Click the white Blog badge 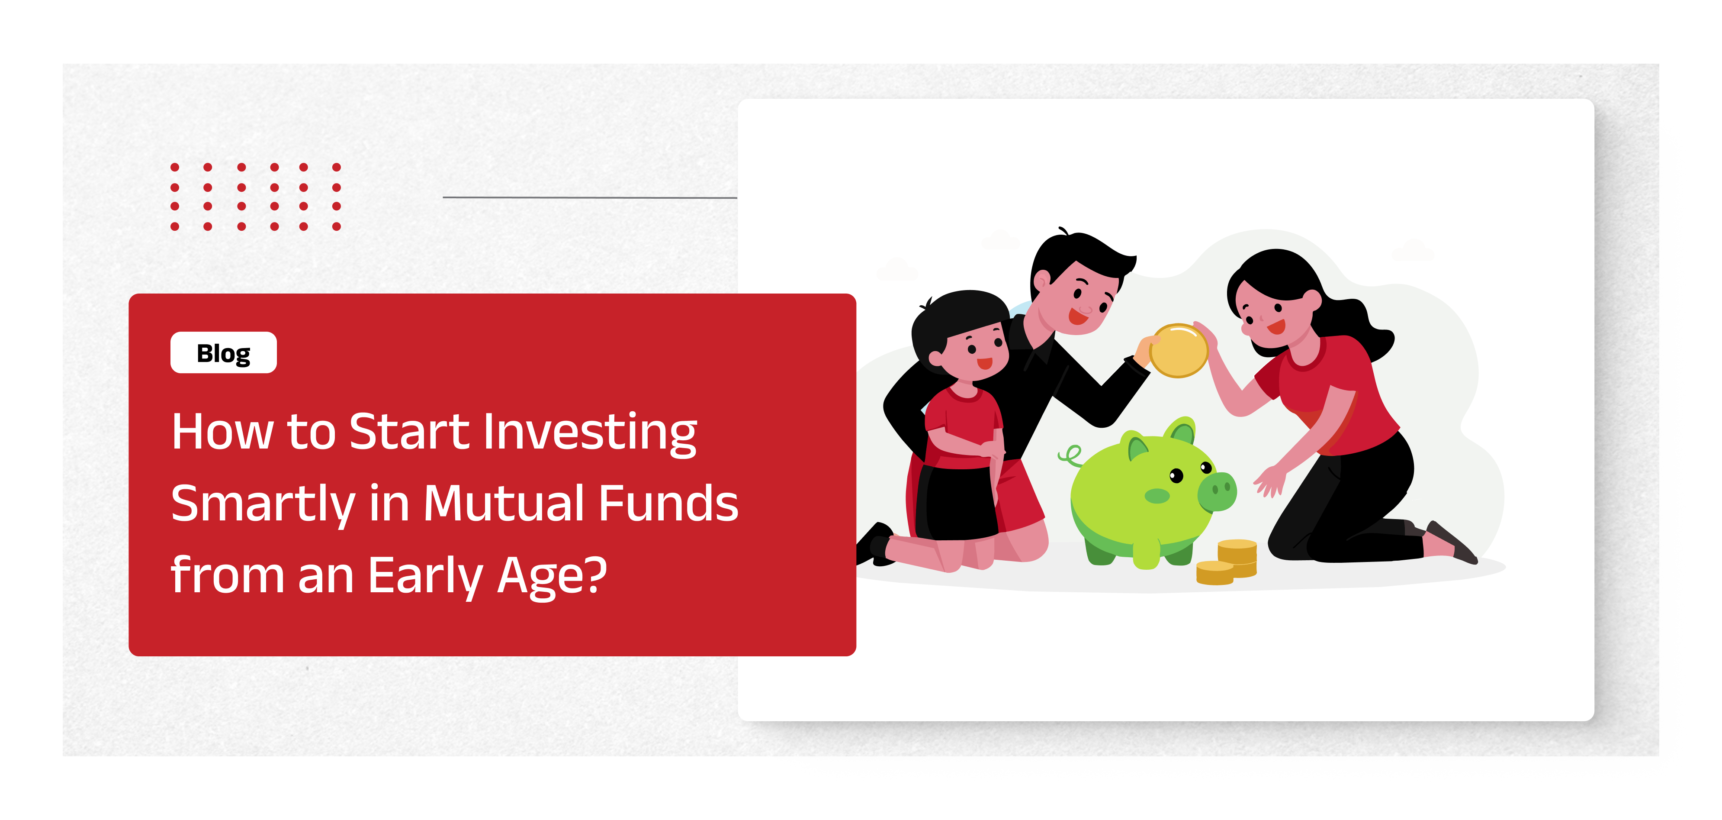(223, 352)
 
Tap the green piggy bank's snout (1218, 491)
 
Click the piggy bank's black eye (1176, 475)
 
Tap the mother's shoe (1451, 542)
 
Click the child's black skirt (957, 502)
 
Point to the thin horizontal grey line (590, 197)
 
